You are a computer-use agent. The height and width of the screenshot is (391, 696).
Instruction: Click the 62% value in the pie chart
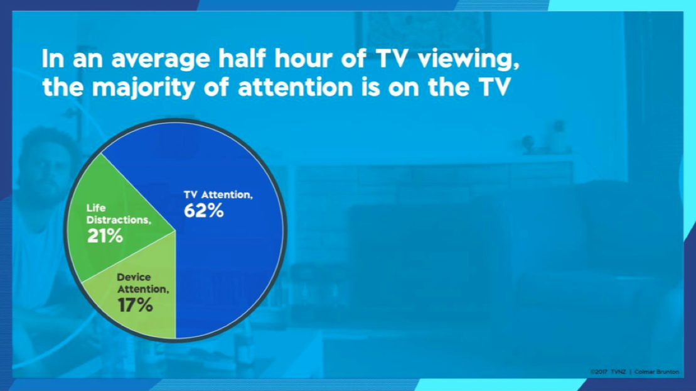click(204, 211)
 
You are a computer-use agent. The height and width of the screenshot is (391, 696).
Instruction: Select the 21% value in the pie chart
click(105, 236)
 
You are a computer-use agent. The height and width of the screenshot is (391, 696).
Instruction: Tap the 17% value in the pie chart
click(136, 305)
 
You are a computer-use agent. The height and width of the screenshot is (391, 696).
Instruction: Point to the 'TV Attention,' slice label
click(218, 194)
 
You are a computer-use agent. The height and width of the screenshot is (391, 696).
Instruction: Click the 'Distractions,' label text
click(119, 220)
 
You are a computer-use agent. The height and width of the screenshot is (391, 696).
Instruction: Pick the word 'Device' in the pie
click(134, 277)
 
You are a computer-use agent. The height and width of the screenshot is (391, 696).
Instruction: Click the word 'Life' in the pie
click(96, 207)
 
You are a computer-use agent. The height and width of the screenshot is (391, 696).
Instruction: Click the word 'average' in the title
click(161, 58)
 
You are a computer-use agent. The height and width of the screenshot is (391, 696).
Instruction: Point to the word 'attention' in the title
click(296, 87)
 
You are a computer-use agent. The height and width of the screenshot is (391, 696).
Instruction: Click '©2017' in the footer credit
click(598, 372)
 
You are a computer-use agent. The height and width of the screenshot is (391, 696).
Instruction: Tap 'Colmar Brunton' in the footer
click(657, 372)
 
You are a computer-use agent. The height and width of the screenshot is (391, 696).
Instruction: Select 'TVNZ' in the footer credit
click(618, 372)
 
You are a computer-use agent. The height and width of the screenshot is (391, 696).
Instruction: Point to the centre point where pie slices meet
click(176, 231)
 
